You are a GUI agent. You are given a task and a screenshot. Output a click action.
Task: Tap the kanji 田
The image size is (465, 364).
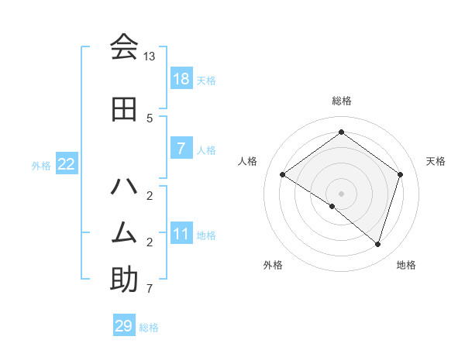click(124, 109)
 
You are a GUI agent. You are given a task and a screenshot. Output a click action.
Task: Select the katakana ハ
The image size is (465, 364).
click(124, 187)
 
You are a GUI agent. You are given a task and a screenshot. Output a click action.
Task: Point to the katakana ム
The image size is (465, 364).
click(124, 232)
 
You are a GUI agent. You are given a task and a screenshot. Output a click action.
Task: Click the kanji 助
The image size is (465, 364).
click(124, 280)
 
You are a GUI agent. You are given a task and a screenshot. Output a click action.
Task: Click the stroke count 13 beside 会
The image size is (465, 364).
click(150, 57)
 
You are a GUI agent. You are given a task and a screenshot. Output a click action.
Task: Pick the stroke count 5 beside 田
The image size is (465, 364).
click(150, 118)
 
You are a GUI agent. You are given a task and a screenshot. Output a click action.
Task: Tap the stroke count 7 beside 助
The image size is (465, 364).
click(150, 290)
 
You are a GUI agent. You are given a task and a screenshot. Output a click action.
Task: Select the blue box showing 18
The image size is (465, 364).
click(181, 78)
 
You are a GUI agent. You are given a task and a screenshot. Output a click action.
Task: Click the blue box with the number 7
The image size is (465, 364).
click(181, 148)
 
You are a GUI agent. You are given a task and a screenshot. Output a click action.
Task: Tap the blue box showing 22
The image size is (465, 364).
click(67, 163)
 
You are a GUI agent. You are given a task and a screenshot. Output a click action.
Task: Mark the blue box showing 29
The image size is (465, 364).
click(124, 326)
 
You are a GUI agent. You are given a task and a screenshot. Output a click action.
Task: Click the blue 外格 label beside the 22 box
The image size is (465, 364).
click(41, 165)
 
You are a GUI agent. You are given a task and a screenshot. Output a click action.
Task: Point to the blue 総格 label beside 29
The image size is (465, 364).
click(150, 328)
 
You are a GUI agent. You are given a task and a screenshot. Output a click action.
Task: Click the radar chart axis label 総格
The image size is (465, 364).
click(341, 101)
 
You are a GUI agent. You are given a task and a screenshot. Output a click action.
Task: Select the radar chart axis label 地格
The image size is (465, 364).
click(406, 265)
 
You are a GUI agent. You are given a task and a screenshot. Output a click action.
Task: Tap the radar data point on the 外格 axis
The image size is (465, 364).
click(332, 206)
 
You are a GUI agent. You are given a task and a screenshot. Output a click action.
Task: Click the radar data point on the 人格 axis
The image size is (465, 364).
click(283, 175)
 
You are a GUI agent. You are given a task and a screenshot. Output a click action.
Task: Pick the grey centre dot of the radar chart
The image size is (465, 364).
click(341, 193)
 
